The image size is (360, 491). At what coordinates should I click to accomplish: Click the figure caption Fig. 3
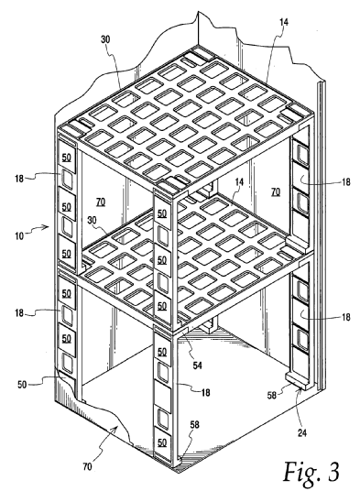coord(311,472)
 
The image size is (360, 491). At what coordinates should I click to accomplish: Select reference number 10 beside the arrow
coord(19,235)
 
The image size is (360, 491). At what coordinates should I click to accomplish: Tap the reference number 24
coord(302,433)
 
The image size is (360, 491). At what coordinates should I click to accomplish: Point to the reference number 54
coord(197,366)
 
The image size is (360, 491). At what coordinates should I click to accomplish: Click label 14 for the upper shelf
coord(284,22)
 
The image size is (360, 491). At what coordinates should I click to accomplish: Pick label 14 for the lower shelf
coord(239,182)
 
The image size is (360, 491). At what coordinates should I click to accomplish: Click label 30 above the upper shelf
coord(105,39)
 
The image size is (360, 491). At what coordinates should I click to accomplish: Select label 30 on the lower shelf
coord(92,220)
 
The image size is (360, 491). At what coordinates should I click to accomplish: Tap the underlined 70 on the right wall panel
coord(276,191)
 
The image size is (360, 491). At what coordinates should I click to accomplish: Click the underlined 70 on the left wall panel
coord(101,202)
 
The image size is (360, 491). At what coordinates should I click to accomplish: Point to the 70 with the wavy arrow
coord(87,467)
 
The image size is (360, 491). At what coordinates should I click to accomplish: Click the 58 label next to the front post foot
coord(195,425)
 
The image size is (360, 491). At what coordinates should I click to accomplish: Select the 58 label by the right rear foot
coord(272,395)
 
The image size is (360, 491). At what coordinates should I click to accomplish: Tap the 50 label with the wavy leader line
coord(22,384)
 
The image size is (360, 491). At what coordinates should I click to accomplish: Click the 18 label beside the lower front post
coord(205,392)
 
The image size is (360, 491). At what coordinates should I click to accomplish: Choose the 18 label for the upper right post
coord(345,182)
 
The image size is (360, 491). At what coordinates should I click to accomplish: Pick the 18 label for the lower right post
coord(345,317)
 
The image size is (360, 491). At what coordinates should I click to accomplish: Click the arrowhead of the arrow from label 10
coord(48,226)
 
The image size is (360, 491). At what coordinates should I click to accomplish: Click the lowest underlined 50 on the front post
coord(162,442)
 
